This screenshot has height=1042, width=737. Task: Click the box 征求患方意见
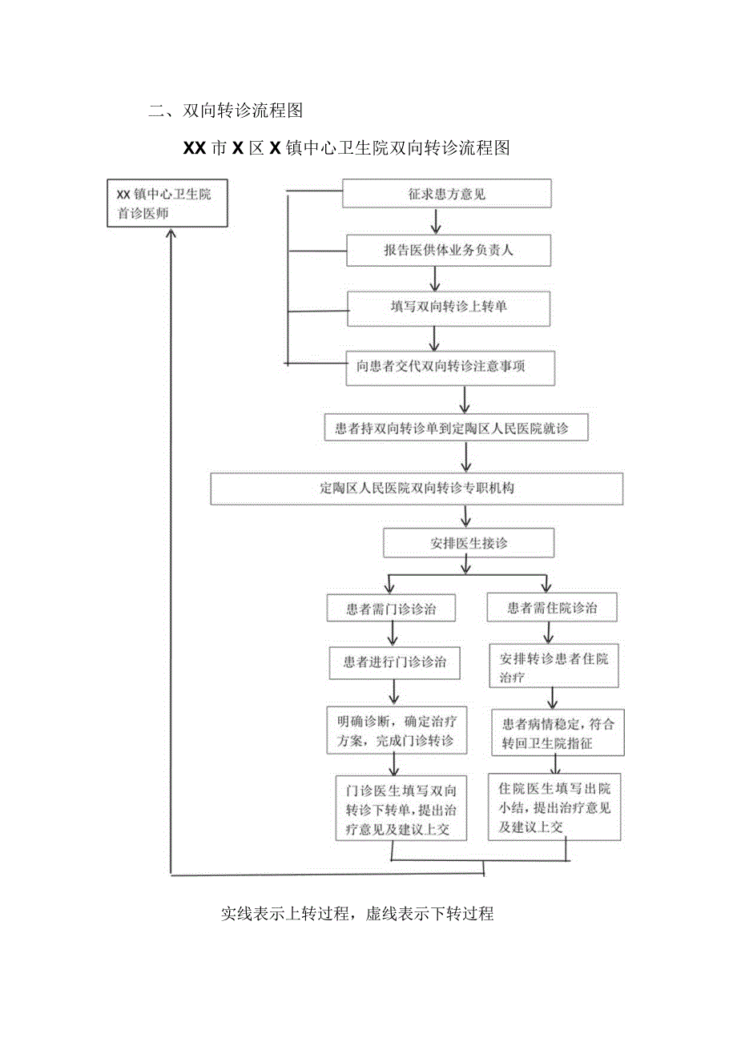447,194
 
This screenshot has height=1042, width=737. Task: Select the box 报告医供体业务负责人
449,250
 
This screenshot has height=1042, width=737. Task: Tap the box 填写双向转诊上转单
449,308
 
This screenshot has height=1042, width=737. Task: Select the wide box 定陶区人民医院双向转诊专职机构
417,489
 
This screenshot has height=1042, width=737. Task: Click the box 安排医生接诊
469,543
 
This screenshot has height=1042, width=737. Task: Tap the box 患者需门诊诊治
392,608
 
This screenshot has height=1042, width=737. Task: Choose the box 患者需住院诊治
553,608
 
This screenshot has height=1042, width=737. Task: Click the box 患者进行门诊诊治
395,662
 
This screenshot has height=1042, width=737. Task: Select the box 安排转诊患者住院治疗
554,667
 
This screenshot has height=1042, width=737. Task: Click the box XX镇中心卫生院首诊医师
167,203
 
